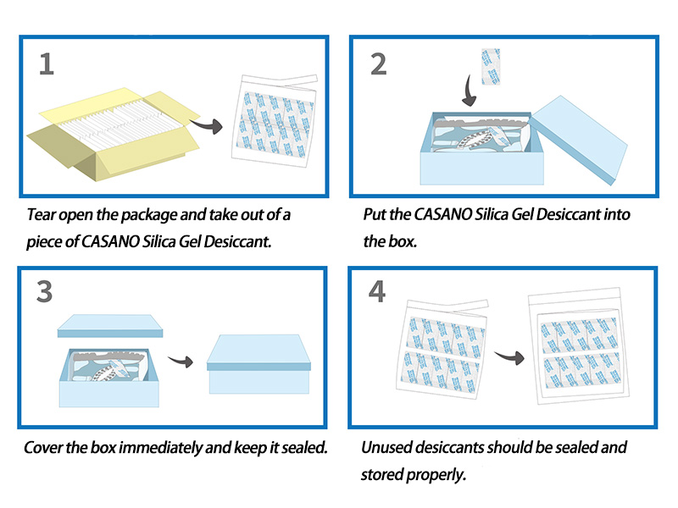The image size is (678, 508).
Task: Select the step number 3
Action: (46, 291)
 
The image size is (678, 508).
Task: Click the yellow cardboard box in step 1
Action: (110, 140)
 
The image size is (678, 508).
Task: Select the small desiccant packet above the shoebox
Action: (490, 67)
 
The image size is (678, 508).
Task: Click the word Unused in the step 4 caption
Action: (387, 447)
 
